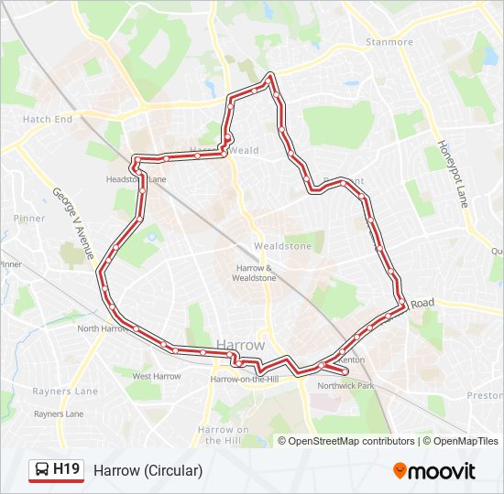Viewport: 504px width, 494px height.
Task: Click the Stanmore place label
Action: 389,42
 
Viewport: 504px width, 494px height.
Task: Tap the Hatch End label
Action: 48,120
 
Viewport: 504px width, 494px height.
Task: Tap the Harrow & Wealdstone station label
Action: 254,272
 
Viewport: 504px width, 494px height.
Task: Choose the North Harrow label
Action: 102,328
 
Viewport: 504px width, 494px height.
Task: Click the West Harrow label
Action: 156,376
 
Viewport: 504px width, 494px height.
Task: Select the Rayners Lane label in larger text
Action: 66,392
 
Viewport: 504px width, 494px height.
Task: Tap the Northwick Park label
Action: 346,387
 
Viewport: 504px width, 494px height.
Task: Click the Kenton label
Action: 352,360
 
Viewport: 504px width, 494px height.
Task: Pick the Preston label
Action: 485,396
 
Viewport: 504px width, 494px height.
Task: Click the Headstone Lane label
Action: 137,179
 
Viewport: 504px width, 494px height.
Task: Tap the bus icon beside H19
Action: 41,470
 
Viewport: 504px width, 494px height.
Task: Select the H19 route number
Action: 67,470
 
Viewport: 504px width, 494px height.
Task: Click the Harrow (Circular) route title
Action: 148,470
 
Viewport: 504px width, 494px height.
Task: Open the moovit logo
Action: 434,471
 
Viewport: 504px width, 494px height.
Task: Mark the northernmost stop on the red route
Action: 269,78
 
